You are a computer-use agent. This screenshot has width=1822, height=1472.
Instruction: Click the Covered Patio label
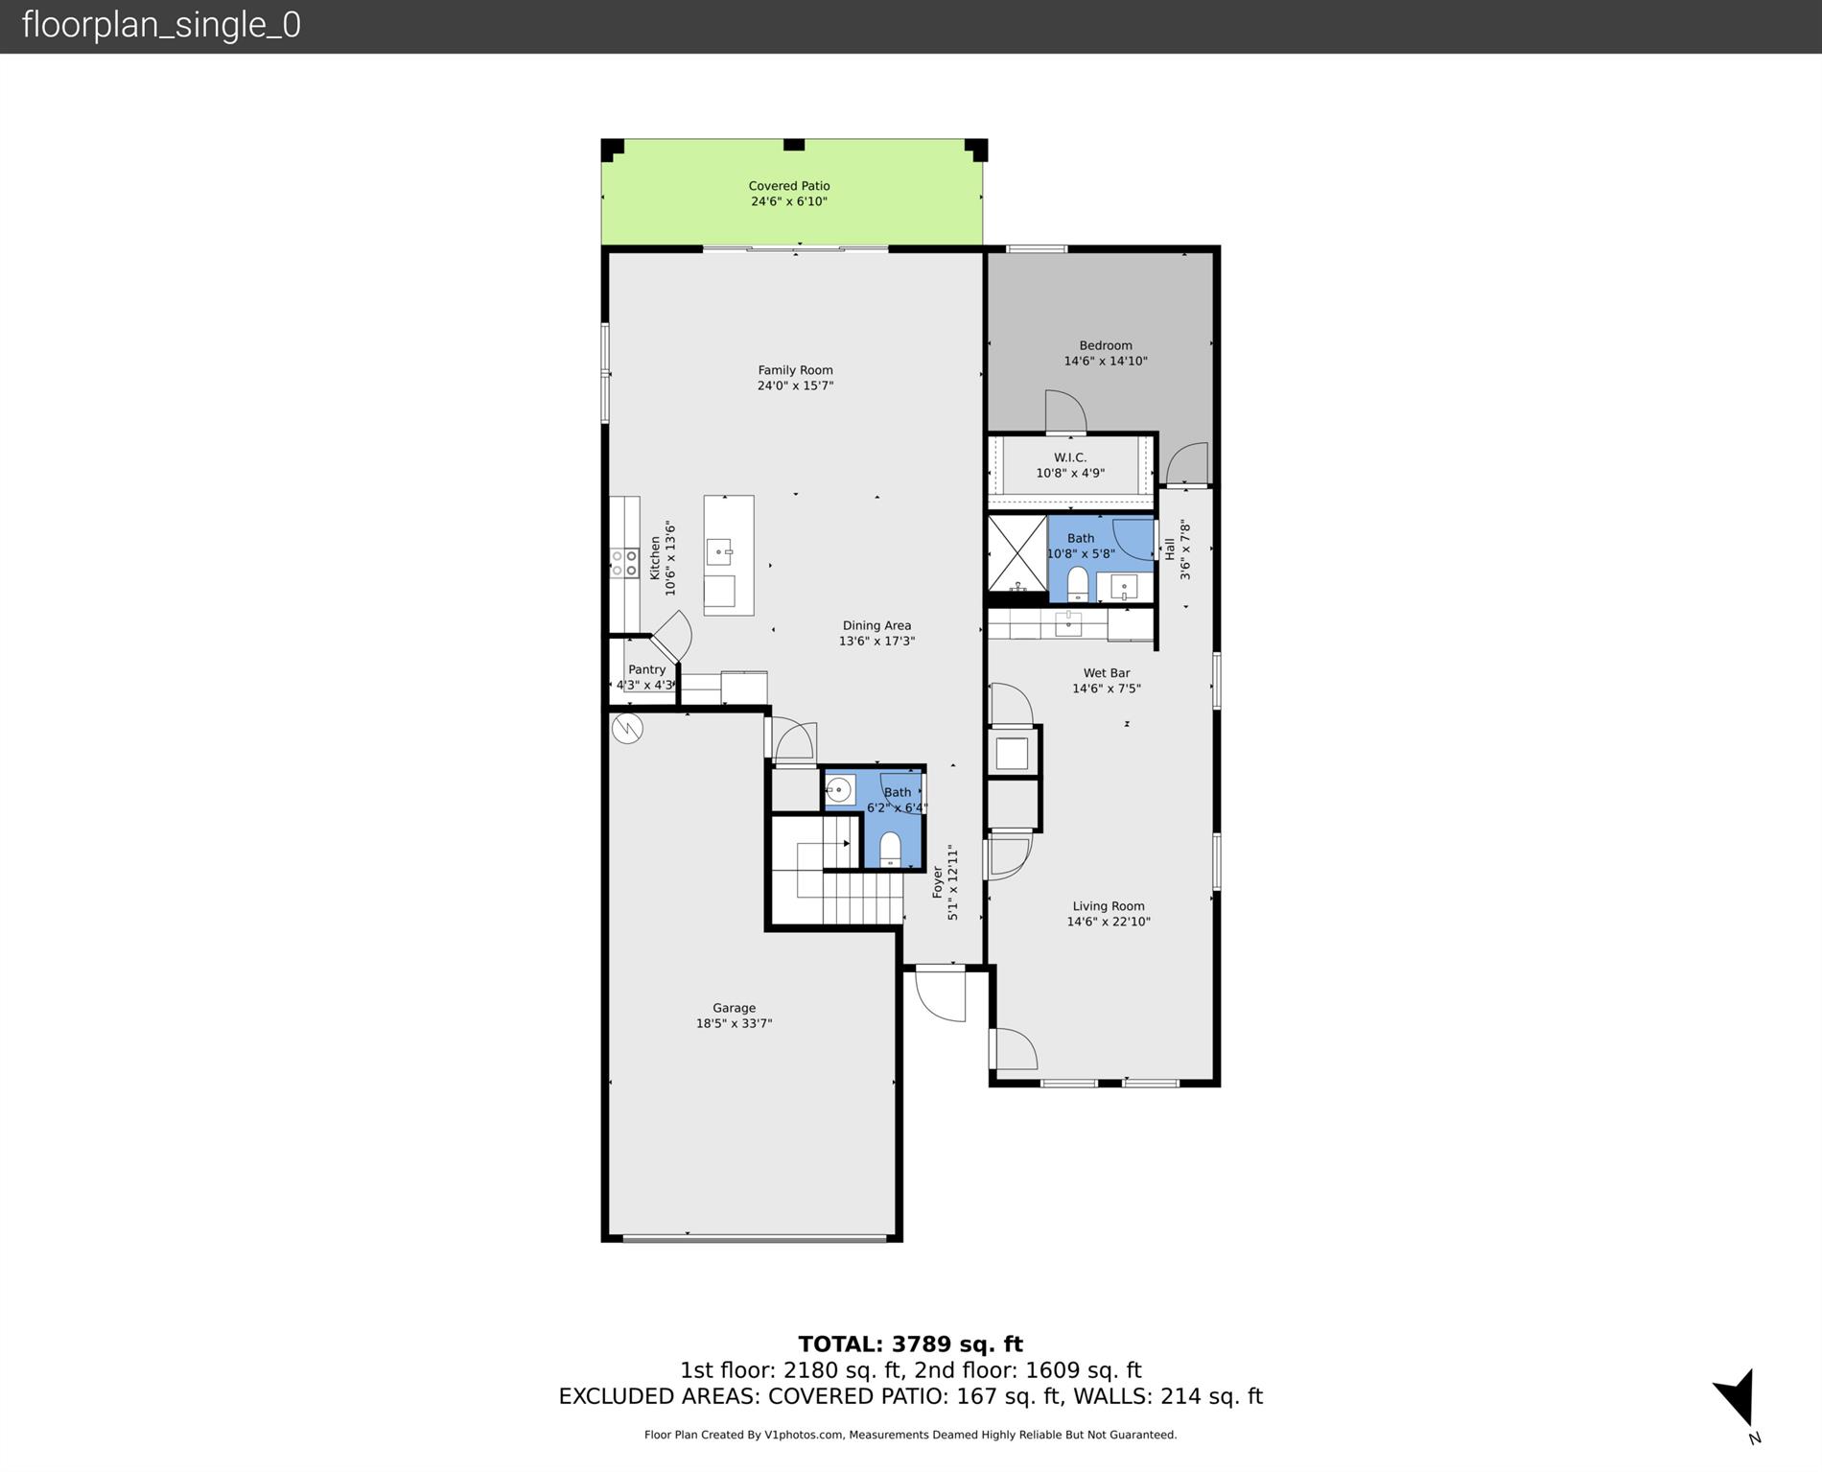(x=788, y=186)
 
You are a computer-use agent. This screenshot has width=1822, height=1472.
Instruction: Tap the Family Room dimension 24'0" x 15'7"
(x=795, y=386)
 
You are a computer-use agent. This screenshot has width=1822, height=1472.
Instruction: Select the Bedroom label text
(x=1105, y=345)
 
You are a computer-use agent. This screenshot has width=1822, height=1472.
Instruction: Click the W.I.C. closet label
(x=1069, y=457)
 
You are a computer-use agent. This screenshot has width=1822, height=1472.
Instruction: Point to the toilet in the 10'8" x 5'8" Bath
(x=1077, y=583)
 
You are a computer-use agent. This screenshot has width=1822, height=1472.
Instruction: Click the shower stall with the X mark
(x=1016, y=553)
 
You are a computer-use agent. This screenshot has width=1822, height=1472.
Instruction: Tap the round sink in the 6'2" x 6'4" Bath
(x=839, y=790)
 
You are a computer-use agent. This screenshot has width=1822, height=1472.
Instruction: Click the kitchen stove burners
(x=624, y=563)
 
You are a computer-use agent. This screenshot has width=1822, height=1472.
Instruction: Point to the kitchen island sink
(x=719, y=551)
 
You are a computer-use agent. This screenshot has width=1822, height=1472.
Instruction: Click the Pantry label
(x=646, y=669)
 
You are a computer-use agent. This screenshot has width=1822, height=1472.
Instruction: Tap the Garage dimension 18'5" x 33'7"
(x=734, y=1023)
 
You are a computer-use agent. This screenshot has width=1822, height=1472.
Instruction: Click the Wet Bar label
(x=1106, y=673)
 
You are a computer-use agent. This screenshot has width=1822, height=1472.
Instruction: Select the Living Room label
(x=1108, y=906)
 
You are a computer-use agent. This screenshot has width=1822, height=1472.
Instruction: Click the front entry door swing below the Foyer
(x=941, y=995)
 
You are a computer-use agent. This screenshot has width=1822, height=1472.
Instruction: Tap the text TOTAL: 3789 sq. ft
(x=910, y=1344)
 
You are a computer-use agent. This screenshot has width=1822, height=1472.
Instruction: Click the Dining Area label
(x=876, y=625)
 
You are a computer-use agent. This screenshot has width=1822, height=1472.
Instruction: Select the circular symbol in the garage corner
(x=627, y=729)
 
